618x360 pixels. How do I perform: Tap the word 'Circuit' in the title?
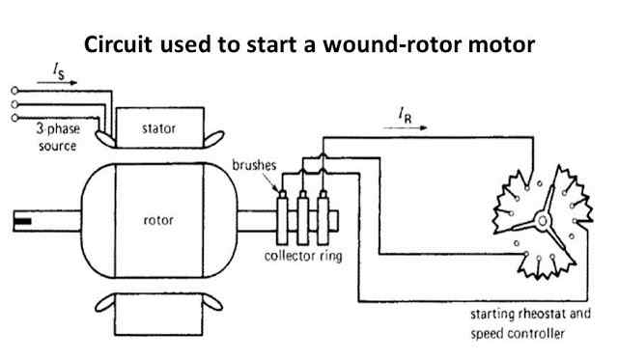point(118,44)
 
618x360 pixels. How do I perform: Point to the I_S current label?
point(59,71)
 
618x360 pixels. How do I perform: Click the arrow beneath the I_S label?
point(57,83)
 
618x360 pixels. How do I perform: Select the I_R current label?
point(405,116)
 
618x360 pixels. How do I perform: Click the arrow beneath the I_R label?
point(406,127)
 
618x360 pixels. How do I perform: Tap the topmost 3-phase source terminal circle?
point(14,91)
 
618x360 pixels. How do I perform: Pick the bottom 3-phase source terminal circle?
point(14,118)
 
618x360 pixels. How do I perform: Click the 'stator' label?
point(158,128)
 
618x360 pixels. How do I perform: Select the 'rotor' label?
point(158,220)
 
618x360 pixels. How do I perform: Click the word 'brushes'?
point(254,165)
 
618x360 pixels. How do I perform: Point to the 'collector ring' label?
point(303,256)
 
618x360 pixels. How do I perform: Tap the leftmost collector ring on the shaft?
point(282,221)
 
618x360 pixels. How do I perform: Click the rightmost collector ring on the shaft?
point(323,221)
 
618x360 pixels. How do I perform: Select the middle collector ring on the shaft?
point(302,221)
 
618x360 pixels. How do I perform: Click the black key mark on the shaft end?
point(22,221)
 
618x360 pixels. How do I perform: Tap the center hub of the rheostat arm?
point(543,221)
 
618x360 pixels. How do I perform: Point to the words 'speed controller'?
point(518,334)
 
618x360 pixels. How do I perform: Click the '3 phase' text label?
point(58,128)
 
